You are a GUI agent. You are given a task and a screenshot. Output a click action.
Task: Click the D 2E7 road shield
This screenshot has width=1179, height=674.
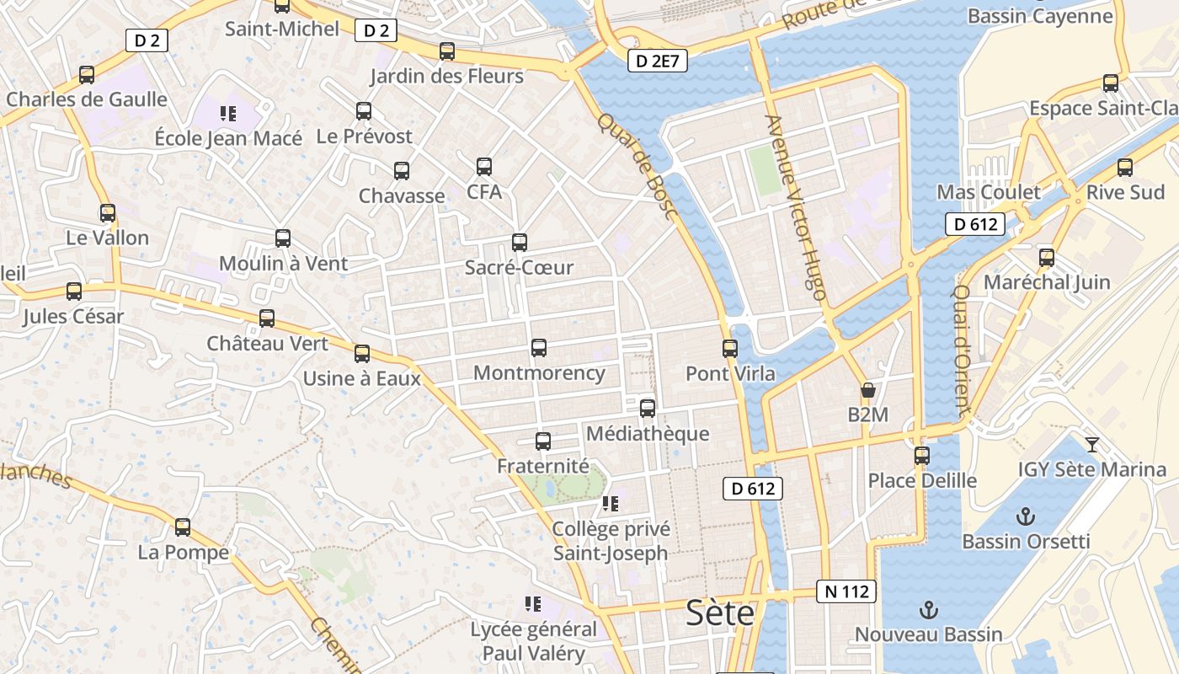click(x=658, y=61)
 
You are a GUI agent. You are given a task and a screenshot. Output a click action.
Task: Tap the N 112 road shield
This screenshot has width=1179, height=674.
click(x=846, y=591)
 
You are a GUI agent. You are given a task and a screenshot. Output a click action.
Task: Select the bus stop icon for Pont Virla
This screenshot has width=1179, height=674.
click(x=730, y=348)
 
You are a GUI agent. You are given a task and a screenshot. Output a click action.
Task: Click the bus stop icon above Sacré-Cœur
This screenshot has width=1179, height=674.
click(x=520, y=243)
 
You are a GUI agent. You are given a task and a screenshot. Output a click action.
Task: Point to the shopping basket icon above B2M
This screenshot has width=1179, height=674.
click(x=867, y=391)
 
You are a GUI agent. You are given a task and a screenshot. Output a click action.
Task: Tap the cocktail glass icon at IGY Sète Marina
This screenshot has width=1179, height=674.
click(x=1092, y=444)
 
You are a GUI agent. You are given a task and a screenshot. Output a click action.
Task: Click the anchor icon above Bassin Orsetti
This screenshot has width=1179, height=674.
click(x=1026, y=516)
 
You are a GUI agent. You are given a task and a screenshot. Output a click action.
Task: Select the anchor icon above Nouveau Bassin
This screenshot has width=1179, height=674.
click(x=928, y=610)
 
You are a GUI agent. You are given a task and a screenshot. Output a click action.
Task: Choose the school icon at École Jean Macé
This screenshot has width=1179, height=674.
click(x=227, y=113)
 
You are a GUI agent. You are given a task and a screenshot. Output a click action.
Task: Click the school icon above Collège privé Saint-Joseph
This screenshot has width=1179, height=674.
click(x=611, y=505)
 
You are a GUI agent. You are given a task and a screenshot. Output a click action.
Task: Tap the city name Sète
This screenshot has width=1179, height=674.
click(x=720, y=613)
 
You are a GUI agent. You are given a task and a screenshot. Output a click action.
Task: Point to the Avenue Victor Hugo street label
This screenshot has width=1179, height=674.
click(x=795, y=207)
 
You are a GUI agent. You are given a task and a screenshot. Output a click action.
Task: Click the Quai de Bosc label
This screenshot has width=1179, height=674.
click(x=638, y=166)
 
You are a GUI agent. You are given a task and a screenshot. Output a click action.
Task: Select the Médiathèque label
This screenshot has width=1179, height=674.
click(x=648, y=434)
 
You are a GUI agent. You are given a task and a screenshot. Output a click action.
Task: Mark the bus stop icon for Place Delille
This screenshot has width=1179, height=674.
click(x=922, y=456)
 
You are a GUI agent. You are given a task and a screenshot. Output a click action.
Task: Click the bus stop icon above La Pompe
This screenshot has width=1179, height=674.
click(x=183, y=528)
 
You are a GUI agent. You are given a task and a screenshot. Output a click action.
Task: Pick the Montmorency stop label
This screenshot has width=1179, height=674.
click(x=539, y=372)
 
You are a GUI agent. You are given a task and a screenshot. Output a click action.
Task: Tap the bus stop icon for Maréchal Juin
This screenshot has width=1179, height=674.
click(x=1047, y=258)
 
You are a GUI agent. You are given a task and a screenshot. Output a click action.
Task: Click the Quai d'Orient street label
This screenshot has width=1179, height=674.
click(x=961, y=350)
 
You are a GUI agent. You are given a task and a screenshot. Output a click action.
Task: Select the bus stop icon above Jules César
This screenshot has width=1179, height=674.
click(x=74, y=292)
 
